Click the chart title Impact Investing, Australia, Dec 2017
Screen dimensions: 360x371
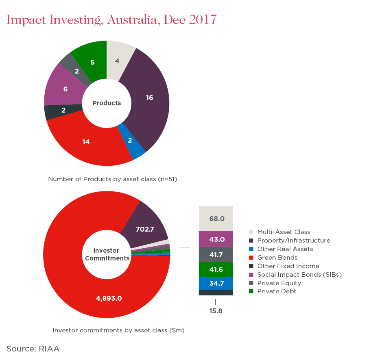click(111, 20)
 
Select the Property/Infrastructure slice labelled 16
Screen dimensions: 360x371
click(149, 98)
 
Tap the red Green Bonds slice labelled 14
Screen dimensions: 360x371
click(86, 142)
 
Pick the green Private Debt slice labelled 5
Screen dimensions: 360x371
click(92, 62)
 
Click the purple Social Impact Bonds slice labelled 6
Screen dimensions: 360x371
click(65, 89)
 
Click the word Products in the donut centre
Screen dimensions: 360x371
click(107, 103)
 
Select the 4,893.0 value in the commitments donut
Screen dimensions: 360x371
click(109, 298)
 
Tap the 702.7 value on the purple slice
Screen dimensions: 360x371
click(145, 229)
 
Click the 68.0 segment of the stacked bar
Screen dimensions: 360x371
click(216, 219)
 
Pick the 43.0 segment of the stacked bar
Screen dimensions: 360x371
click(216, 239)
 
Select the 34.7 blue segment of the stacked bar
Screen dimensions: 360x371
click(216, 283)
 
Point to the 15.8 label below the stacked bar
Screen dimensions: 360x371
click(216, 311)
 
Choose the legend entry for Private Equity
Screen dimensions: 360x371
click(279, 283)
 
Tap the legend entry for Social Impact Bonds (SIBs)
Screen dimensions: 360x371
click(299, 274)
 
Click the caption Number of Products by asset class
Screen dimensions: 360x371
click(113, 179)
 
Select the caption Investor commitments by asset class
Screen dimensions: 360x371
click(119, 330)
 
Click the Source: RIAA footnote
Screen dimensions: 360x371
click(33, 349)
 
